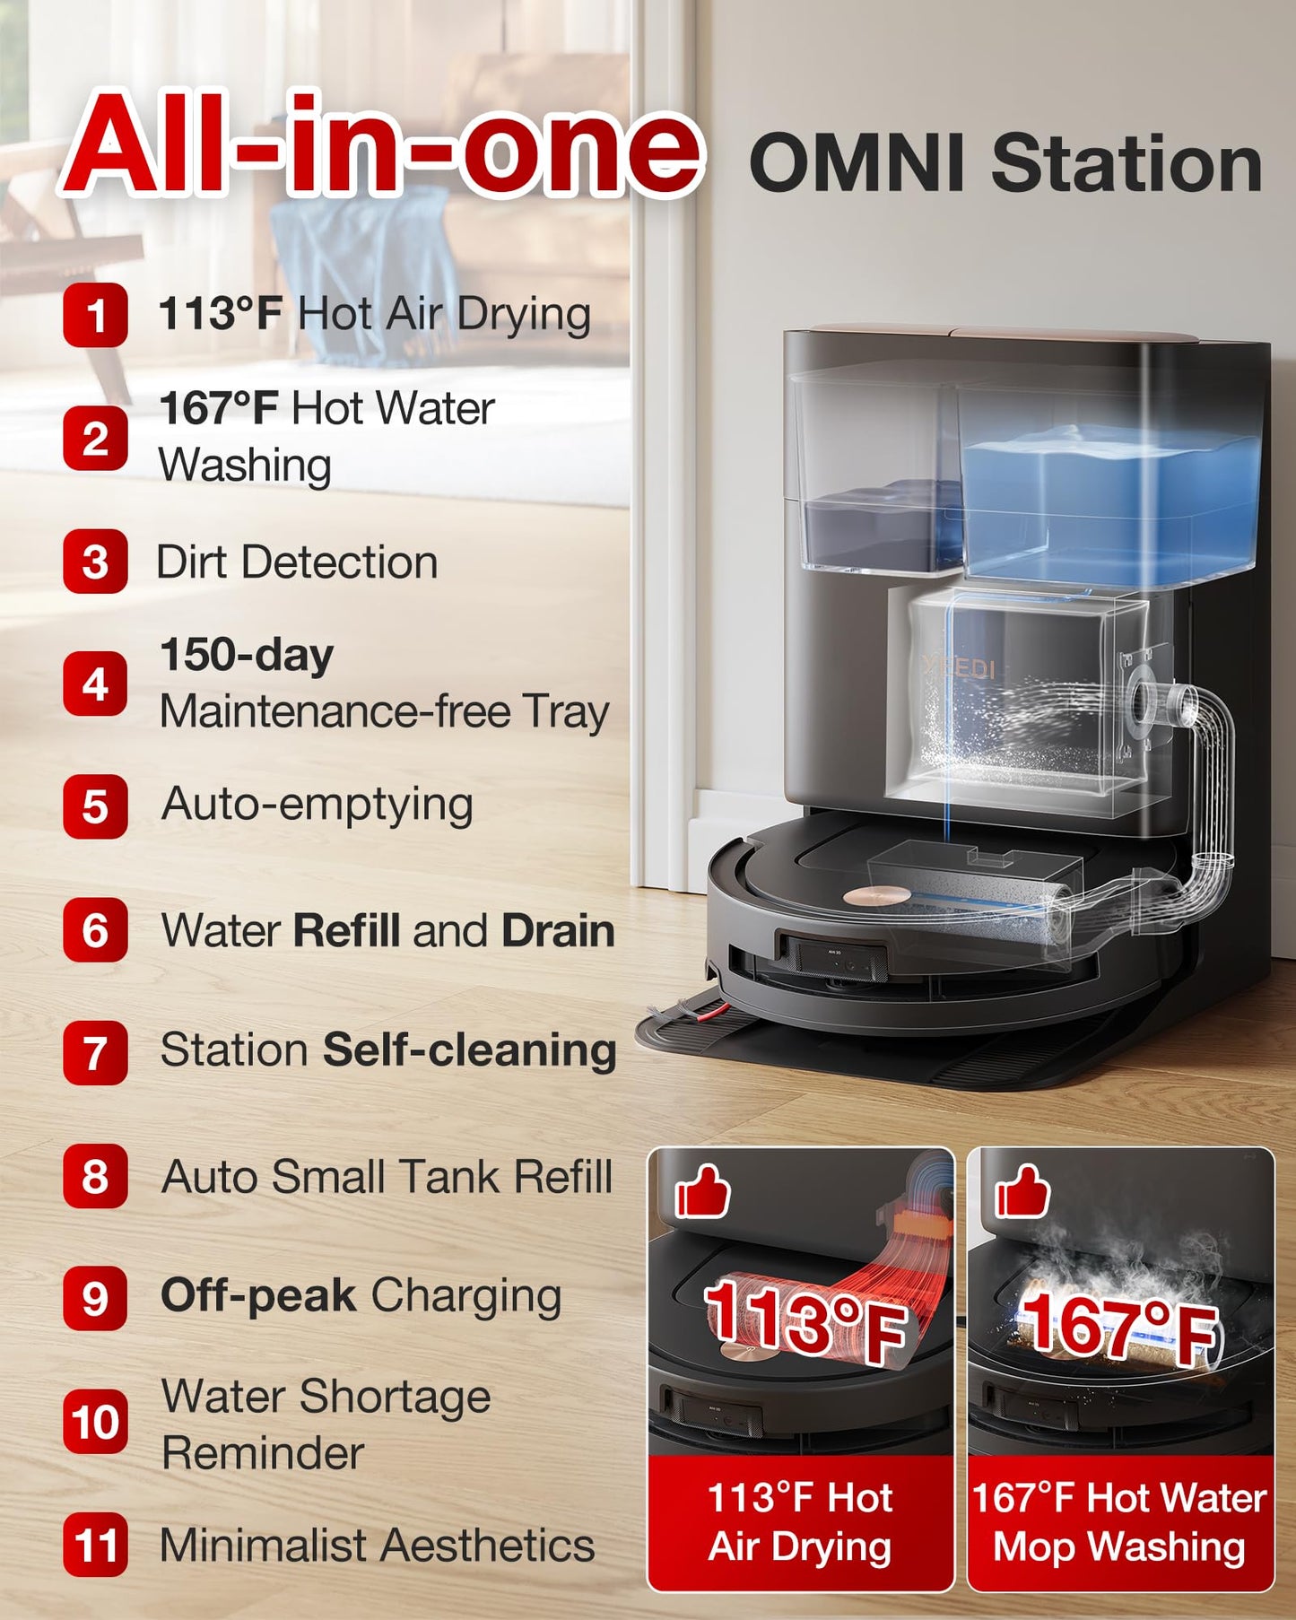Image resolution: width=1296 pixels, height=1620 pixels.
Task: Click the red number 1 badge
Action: pyautogui.click(x=95, y=315)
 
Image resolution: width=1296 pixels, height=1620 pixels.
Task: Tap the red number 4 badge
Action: pyautogui.click(x=95, y=684)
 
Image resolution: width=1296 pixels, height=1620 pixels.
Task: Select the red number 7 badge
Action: pyautogui.click(x=95, y=1052)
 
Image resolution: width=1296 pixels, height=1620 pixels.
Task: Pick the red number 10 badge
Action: pyautogui.click(x=95, y=1422)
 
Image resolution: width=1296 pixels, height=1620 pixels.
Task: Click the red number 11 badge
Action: pyautogui.click(x=95, y=1545)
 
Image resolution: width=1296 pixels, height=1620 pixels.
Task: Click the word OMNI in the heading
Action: pyautogui.click(x=857, y=163)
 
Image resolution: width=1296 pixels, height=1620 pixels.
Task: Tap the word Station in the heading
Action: pyautogui.click(x=1126, y=163)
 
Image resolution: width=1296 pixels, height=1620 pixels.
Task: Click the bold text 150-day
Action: pyautogui.click(x=247, y=655)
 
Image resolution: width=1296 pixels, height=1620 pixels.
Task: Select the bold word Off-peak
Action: pyautogui.click(x=258, y=1296)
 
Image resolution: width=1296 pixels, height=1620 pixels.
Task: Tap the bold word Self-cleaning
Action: pyautogui.click(x=470, y=1050)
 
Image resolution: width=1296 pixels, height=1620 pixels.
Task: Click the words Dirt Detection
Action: pyautogui.click(x=297, y=562)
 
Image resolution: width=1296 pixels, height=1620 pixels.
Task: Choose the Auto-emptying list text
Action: pyautogui.click(x=317, y=805)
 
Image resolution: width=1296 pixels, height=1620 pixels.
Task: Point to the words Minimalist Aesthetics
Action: pyautogui.click(x=378, y=1546)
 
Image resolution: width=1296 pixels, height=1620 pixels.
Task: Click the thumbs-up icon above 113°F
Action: pyautogui.click(x=702, y=1191)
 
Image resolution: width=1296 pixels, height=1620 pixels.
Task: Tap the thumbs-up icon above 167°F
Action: pyautogui.click(x=1022, y=1191)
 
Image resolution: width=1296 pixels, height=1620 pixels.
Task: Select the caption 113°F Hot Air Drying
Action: pyautogui.click(x=800, y=1522)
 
